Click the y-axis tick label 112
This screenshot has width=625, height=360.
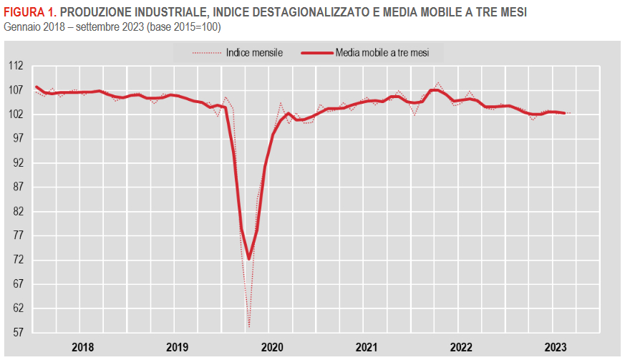15,66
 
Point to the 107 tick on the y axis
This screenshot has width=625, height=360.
15,90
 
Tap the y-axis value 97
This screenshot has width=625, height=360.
17,139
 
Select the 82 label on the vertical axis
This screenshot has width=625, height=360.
17,212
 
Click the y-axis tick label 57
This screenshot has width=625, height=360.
17,333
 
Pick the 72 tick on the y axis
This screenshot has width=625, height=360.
17,261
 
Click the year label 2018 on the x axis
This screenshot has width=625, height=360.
83,347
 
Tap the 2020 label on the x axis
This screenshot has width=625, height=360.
272,347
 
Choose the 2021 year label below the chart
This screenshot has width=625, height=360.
367,347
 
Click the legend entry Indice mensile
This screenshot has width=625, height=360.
253,52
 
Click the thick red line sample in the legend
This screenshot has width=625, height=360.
317,52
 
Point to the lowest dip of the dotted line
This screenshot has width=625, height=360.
249,327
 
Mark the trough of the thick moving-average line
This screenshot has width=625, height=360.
249,258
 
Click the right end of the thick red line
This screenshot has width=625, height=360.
565,113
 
